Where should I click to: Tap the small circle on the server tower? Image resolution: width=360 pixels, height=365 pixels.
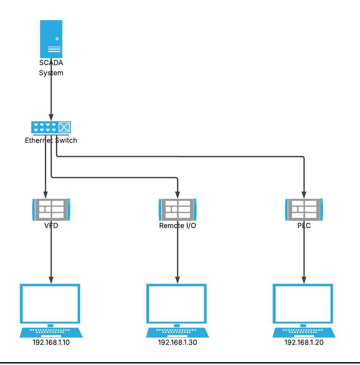(57, 39)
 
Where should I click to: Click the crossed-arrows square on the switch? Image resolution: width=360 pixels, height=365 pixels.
(64, 127)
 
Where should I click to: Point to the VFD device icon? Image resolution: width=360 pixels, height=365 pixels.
(51, 210)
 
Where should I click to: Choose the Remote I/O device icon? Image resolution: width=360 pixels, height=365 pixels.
(178, 210)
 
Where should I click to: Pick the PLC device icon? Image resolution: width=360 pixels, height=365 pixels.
(304, 210)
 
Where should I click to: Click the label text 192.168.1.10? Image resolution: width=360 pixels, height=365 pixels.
(51, 342)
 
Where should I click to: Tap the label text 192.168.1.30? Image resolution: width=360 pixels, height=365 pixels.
(178, 342)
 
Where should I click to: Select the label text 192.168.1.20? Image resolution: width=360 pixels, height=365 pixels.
(304, 342)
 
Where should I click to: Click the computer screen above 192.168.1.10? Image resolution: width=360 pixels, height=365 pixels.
(50, 303)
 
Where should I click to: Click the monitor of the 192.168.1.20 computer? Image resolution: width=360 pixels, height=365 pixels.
(303, 303)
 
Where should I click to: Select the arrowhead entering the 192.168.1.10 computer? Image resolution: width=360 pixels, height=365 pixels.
(51, 280)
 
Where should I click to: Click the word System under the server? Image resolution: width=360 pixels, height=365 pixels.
(51, 73)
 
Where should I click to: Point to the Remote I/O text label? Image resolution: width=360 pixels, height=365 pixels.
(178, 226)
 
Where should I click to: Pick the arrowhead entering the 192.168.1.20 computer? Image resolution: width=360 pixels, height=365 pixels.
(304, 280)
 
